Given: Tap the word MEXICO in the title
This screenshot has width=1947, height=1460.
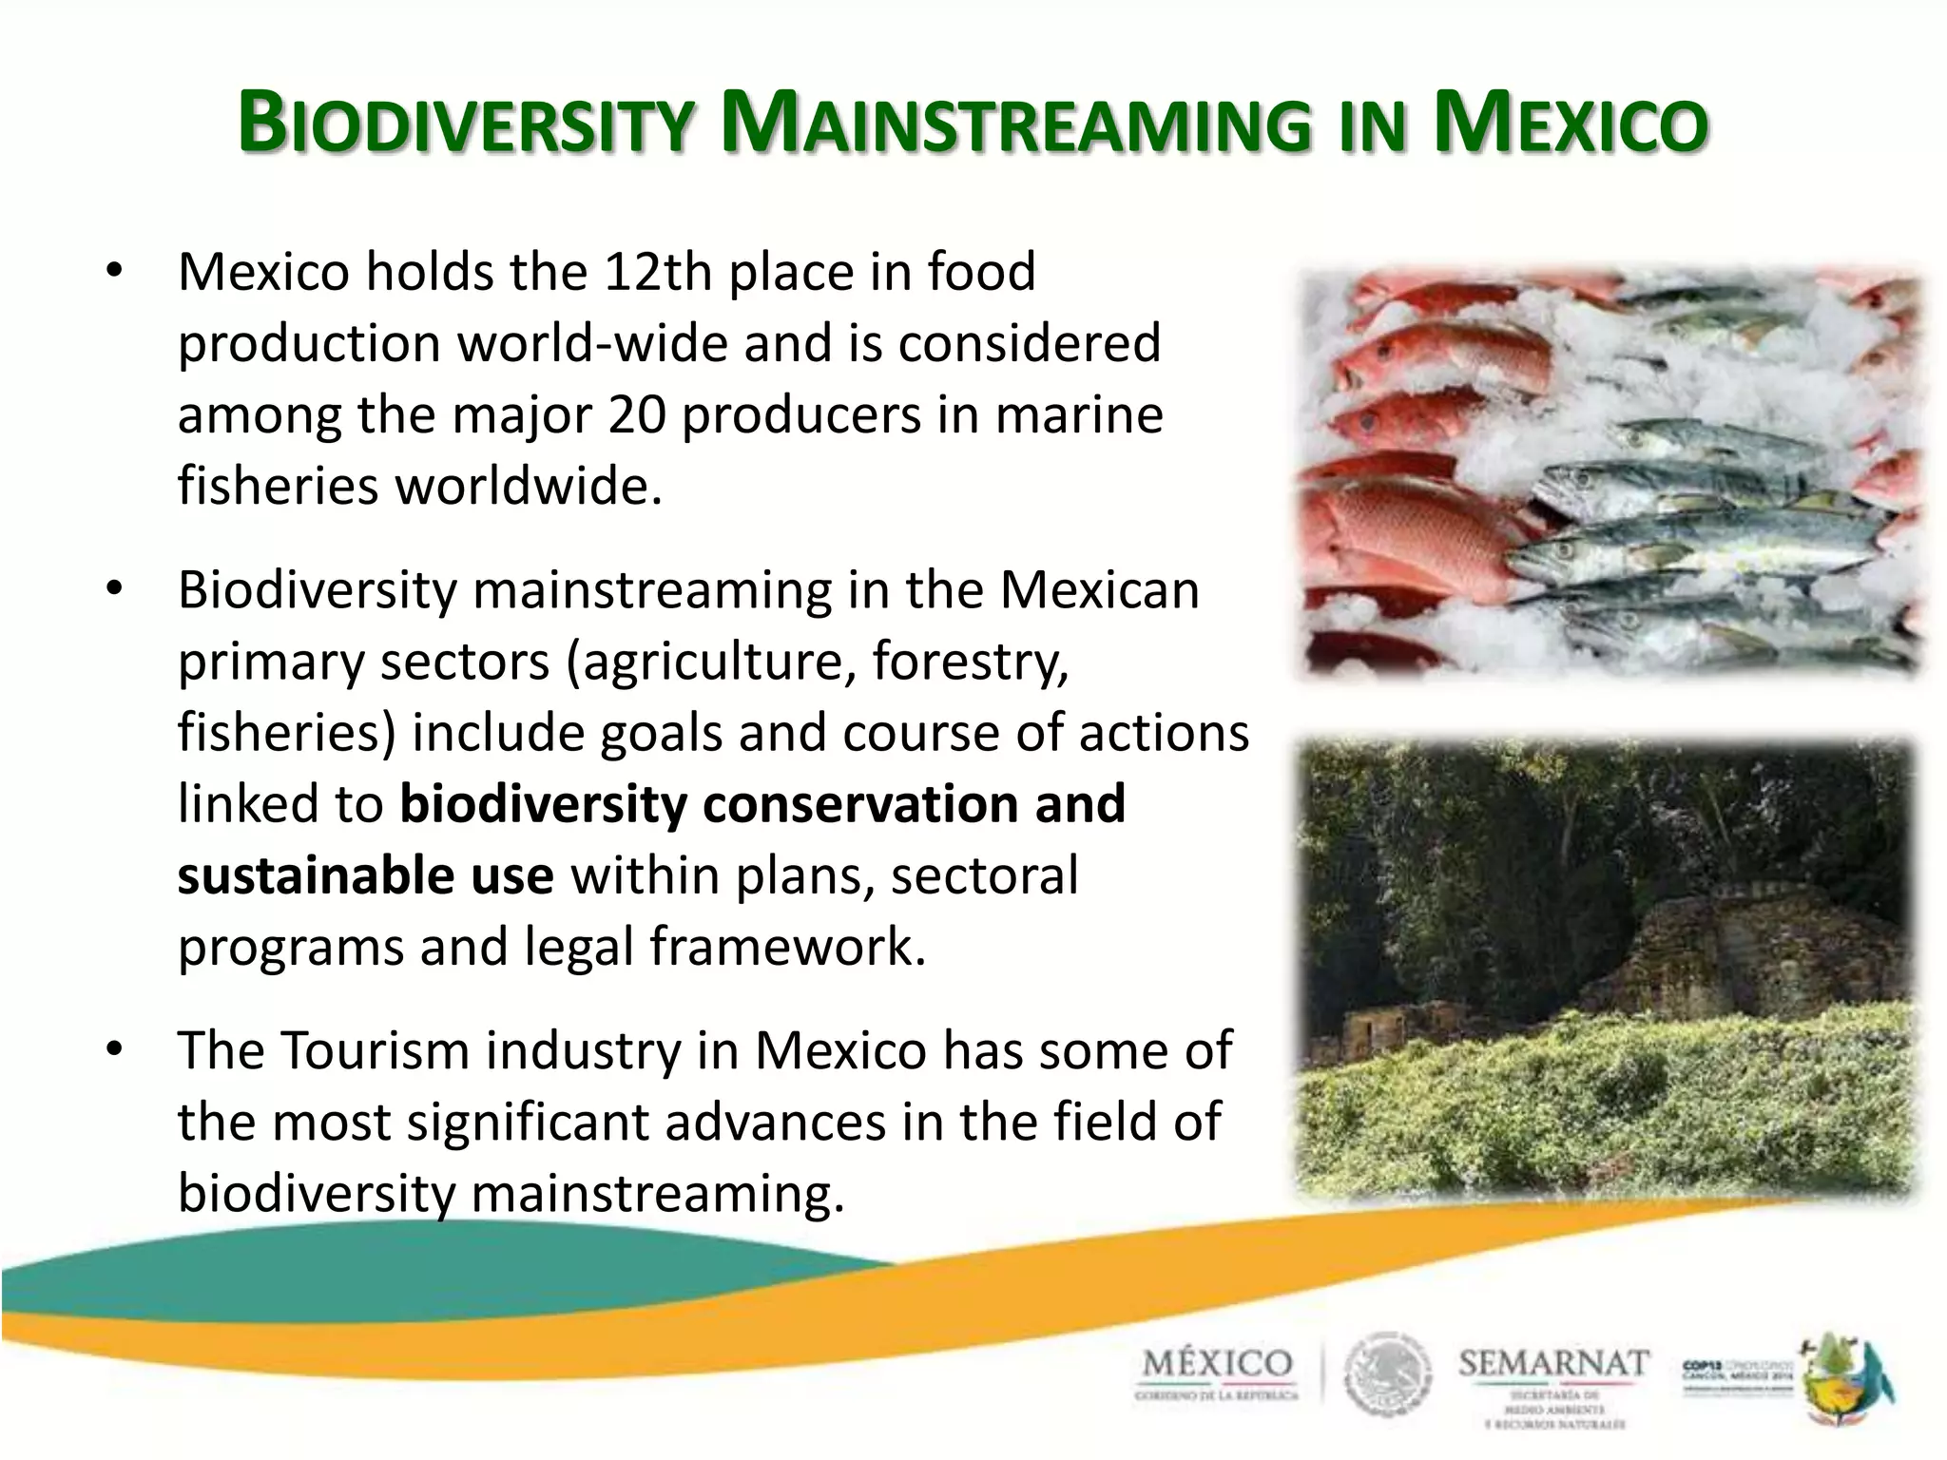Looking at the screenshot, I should click(1570, 125).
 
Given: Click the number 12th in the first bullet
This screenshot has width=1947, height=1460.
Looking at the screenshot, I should click(657, 272).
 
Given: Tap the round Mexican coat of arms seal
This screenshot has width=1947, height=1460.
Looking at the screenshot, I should click(1385, 1375).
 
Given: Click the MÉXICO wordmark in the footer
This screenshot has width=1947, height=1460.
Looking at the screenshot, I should click(1218, 1365).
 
